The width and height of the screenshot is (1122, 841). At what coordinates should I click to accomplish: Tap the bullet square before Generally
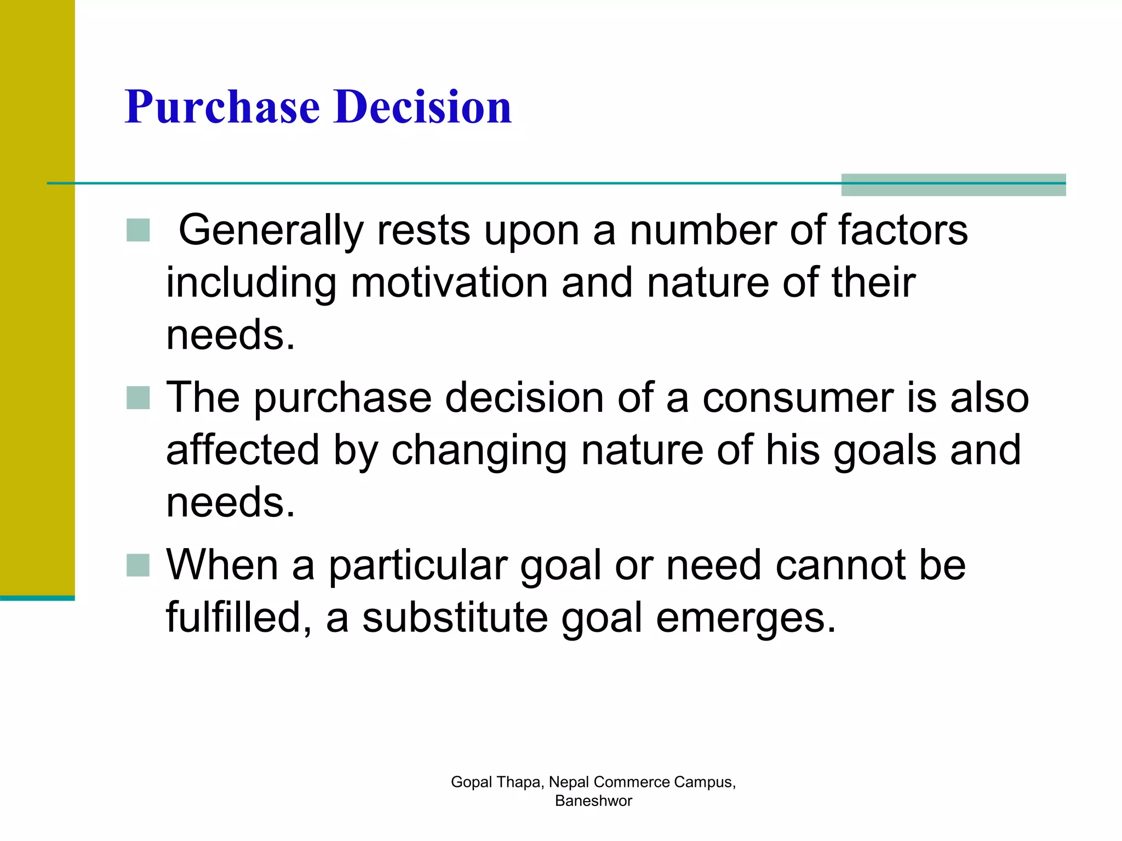tap(138, 230)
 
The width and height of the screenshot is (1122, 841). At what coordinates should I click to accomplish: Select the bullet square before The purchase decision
tap(138, 398)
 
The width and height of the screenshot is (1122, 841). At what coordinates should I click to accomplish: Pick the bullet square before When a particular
tap(138, 566)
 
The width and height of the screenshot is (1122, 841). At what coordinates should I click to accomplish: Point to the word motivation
tap(449, 283)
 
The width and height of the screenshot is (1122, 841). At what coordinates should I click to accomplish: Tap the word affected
tap(243, 450)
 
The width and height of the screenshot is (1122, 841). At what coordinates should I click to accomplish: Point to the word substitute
tap(455, 618)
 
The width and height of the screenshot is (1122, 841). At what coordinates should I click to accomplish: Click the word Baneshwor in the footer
tap(593, 800)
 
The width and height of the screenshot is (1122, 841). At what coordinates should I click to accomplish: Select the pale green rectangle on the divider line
tap(953, 185)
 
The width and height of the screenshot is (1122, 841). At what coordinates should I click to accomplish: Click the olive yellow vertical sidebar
tap(37, 296)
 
